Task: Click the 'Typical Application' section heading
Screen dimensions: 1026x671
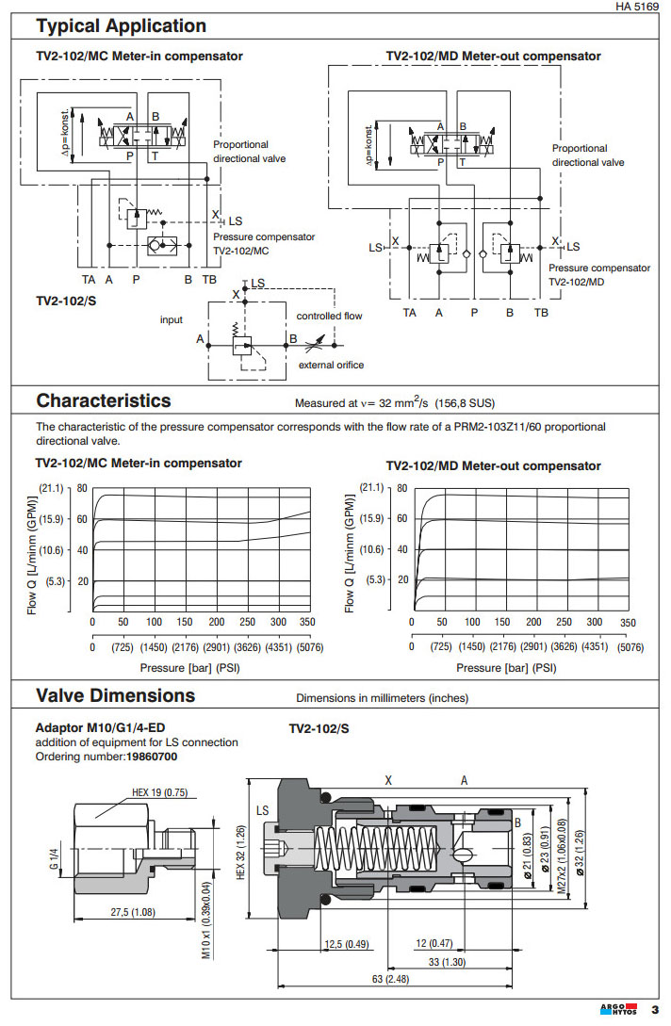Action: [x=121, y=25]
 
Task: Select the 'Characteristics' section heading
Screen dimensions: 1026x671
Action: [x=104, y=400]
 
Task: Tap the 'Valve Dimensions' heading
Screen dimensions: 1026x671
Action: [x=115, y=696]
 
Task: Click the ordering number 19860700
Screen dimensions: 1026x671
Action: [x=152, y=756]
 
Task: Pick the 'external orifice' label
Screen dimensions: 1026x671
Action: [x=331, y=365]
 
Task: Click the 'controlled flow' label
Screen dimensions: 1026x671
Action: [x=329, y=316]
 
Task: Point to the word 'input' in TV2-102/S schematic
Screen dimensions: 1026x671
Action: [x=171, y=319]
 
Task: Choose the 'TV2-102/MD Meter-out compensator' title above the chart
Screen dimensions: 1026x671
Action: [x=493, y=465]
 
